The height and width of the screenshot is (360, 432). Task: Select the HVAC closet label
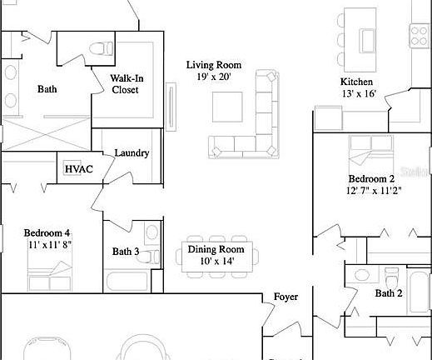point(78,169)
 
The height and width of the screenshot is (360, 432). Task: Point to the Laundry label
point(132,153)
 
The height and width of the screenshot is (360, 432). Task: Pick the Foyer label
point(286,297)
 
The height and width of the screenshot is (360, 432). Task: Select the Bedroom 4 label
point(47,232)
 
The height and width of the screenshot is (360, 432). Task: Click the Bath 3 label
point(125,252)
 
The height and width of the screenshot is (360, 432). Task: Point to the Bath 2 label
point(388,293)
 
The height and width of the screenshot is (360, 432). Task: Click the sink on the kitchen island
point(367,37)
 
